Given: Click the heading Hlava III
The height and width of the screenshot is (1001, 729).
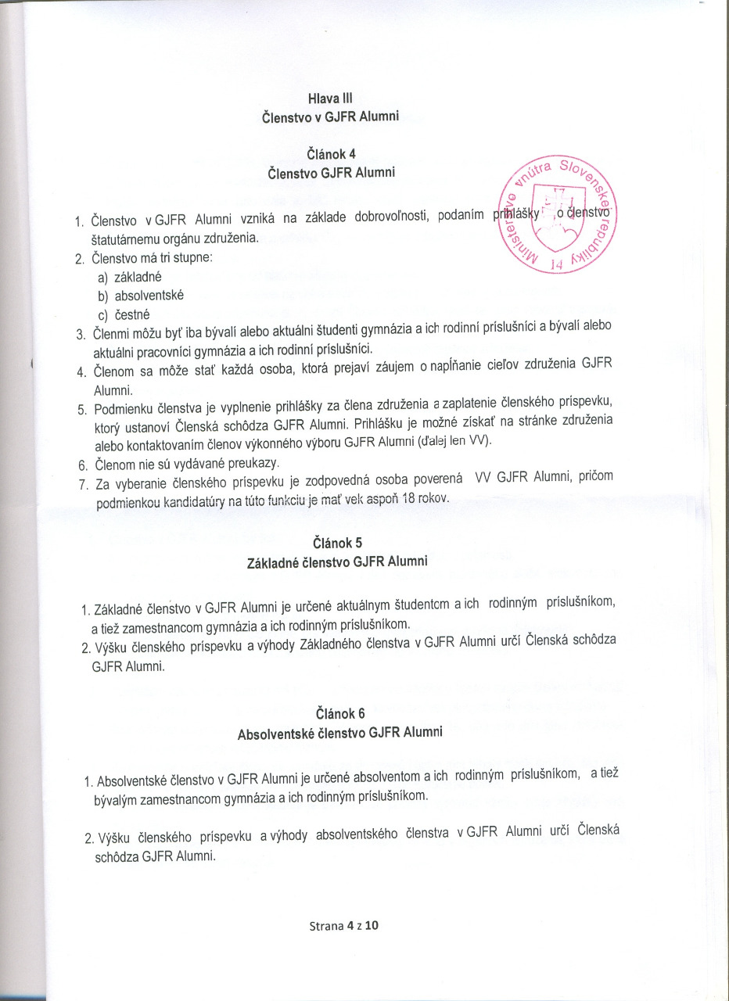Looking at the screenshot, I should coord(331,99).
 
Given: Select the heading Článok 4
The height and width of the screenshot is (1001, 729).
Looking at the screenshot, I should coord(331,153).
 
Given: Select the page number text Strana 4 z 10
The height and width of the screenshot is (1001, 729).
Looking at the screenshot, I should coord(343,926).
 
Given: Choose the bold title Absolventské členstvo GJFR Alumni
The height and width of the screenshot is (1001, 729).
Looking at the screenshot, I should coord(339,734).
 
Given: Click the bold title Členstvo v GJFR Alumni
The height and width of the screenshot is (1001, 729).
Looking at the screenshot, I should coord(331,117).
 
